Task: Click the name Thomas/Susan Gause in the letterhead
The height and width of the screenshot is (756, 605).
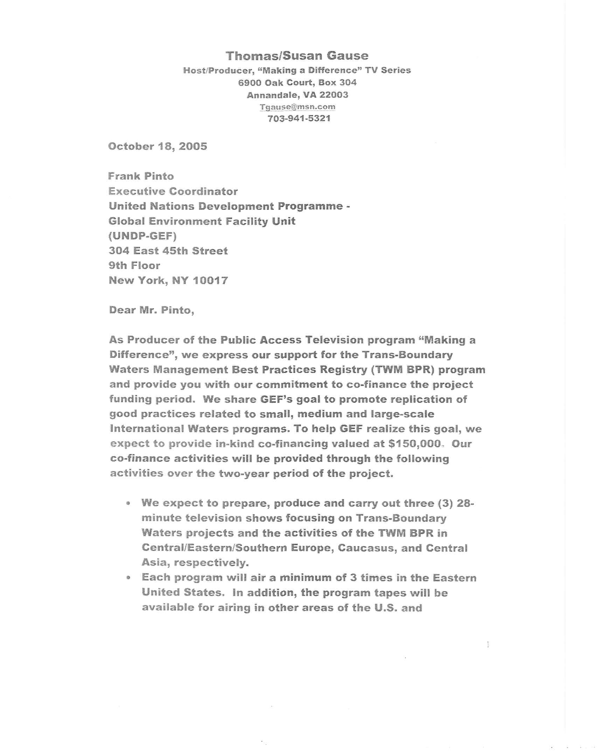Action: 297,56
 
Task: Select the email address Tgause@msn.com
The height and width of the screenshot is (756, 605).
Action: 297,107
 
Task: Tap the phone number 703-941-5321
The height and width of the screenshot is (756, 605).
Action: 299,119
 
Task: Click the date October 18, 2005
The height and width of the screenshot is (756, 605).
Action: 158,146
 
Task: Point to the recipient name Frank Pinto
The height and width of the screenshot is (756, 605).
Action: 141,176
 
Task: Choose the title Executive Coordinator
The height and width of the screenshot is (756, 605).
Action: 173,191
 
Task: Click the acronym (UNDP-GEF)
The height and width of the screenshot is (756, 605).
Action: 142,236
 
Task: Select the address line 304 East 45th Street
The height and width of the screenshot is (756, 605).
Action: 168,251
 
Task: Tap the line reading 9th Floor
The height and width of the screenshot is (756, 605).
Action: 134,265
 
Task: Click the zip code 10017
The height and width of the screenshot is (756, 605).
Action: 210,280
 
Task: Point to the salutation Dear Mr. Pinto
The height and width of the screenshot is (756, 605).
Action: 152,310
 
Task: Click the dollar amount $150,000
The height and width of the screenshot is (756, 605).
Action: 415,443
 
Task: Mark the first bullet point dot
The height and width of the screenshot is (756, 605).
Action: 129,504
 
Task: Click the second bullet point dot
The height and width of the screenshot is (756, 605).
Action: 129,577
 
